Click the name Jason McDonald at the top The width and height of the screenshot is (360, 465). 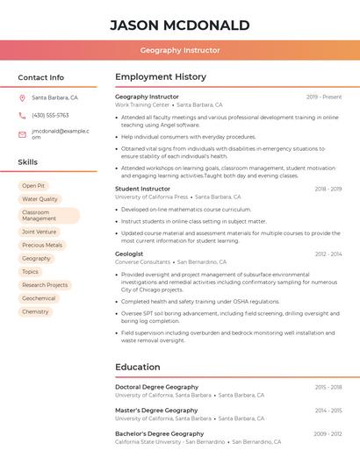point(179,25)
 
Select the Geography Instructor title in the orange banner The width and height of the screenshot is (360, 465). point(179,50)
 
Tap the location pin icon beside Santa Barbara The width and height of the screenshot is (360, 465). point(22,97)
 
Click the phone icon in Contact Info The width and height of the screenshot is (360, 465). point(22,115)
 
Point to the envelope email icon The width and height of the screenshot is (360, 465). point(22,134)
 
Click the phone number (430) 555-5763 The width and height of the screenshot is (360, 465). point(50,115)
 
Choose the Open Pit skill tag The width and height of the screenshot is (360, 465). point(33,186)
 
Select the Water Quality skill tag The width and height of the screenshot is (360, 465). point(40,199)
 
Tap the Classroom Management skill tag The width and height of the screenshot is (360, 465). point(48,215)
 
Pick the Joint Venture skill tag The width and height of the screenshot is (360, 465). point(40,232)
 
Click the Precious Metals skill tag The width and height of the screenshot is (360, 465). point(42,245)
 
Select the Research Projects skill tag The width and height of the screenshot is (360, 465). point(45,285)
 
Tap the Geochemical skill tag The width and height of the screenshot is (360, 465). point(39,298)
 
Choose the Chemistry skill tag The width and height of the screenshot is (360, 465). point(35,311)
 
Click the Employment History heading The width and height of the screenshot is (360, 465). point(161,77)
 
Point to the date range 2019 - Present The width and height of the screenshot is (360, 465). point(324,97)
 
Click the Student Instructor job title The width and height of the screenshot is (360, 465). point(142,189)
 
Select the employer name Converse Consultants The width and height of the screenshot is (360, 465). point(142,262)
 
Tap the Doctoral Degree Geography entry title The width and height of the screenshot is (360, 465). point(156,387)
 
